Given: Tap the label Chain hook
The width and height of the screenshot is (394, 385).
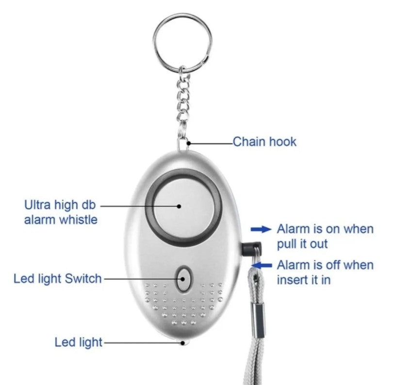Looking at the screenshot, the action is click(x=264, y=142).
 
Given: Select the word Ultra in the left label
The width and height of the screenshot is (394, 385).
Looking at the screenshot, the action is click(x=37, y=205).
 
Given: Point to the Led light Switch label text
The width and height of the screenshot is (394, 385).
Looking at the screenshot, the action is click(x=58, y=278).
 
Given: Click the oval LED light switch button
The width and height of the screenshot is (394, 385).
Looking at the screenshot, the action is click(x=184, y=279).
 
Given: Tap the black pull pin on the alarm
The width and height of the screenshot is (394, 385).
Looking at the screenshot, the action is click(x=251, y=249).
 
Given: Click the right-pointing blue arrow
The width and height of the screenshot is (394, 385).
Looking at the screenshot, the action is click(x=261, y=229).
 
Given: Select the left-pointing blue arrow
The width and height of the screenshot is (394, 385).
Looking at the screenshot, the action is click(x=263, y=265).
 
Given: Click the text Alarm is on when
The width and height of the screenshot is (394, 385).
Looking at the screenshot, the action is click(x=325, y=229).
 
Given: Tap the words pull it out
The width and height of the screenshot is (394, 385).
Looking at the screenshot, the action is click(x=302, y=244).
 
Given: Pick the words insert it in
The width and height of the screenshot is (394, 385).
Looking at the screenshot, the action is click(x=304, y=280).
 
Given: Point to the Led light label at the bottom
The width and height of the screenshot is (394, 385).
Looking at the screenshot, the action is click(x=79, y=342).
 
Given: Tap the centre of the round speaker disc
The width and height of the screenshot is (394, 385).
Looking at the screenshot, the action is click(x=183, y=207).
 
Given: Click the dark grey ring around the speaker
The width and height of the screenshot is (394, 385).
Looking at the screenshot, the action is click(x=183, y=207).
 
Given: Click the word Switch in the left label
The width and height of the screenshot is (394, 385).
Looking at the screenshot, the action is click(x=83, y=278).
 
